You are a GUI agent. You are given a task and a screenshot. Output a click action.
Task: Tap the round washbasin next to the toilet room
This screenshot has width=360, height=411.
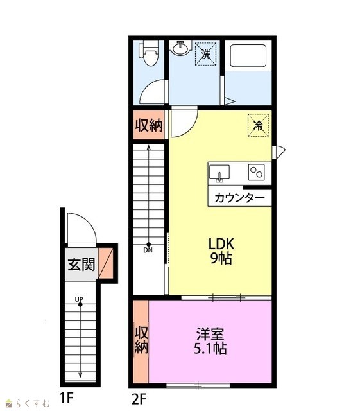pyautogui.click(x=180, y=48)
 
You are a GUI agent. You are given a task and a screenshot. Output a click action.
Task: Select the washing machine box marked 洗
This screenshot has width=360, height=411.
pyautogui.click(x=206, y=54)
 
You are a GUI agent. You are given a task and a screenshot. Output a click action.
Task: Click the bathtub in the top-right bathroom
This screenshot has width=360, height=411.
pyautogui.click(x=248, y=56)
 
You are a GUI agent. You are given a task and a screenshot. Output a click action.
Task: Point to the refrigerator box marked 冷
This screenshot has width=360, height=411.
pyautogui.click(x=259, y=125)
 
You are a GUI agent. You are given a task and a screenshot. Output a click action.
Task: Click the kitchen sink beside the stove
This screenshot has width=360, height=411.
pyautogui.click(x=219, y=173)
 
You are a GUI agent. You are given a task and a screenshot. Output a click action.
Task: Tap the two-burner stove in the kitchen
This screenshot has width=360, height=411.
pyautogui.click(x=257, y=172)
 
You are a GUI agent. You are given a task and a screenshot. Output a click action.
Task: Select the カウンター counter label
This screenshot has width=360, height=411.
pyautogui.click(x=239, y=198)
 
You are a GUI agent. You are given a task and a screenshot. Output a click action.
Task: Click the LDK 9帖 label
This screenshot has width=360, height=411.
pyautogui.click(x=221, y=251)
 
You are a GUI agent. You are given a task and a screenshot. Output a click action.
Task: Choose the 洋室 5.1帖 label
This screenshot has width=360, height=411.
pyautogui.click(x=210, y=341)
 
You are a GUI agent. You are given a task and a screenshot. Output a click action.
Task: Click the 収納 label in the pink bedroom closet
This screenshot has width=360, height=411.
pyautogui.click(x=141, y=340)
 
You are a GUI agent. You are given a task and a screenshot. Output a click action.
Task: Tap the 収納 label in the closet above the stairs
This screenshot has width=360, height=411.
pyautogui.click(x=149, y=126)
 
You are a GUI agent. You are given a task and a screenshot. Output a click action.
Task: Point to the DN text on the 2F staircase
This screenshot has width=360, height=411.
pyautogui.click(x=148, y=250)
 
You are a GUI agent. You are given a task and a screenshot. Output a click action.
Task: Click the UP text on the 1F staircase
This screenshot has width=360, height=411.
pyautogui.click(x=79, y=299)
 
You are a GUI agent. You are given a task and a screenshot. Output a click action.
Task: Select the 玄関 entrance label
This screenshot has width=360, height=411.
pyautogui.click(x=81, y=265)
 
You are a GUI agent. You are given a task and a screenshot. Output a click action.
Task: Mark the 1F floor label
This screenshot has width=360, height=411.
pyautogui.click(x=66, y=399)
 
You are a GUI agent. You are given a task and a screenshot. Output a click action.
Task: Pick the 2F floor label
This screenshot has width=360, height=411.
pyautogui.click(x=139, y=399)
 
